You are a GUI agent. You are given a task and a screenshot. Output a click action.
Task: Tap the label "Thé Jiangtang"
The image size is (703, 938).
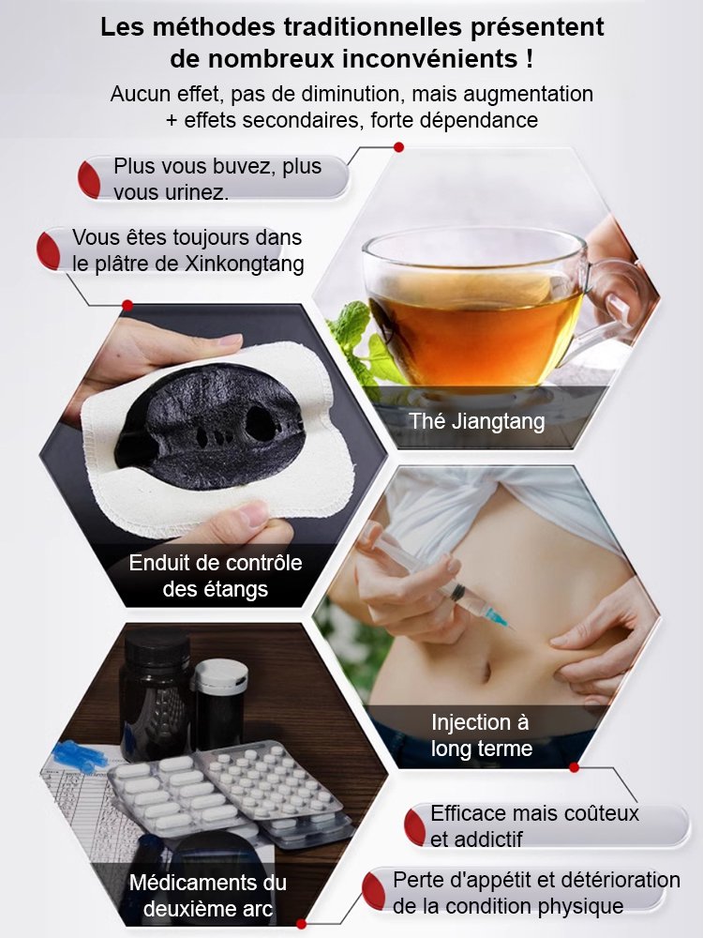click(x=476, y=421)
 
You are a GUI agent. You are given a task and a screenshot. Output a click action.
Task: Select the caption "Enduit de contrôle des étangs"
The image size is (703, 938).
click(x=216, y=576)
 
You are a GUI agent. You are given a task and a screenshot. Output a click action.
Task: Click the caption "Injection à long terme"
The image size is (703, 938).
click(x=481, y=735)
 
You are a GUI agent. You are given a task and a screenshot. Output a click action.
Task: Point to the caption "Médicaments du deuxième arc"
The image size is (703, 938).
click(x=207, y=896)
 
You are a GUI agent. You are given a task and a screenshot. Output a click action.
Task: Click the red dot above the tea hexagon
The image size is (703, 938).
click(x=398, y=147)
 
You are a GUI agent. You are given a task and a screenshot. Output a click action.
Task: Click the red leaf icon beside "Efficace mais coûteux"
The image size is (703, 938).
click(x=415, y=825)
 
